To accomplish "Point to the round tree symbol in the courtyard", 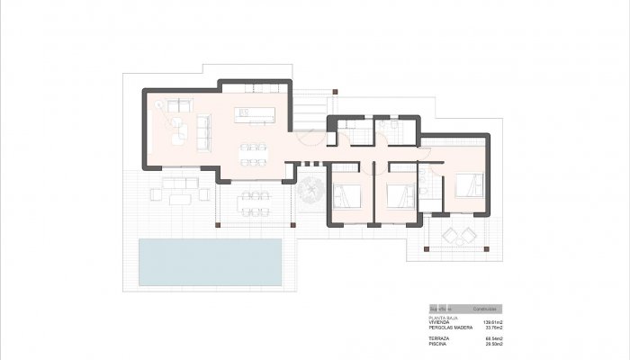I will click(x=312, y=189).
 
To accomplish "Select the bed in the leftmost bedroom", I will click(x=346, y=196).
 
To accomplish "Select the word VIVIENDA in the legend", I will click(x=439, y=321).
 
